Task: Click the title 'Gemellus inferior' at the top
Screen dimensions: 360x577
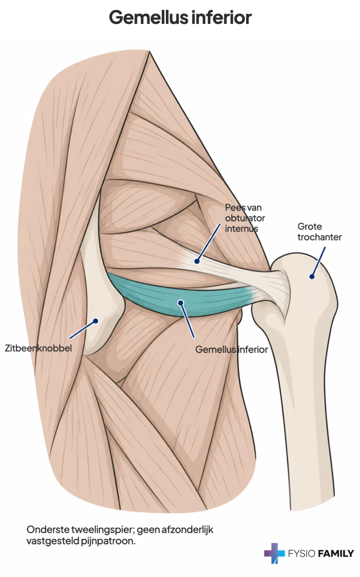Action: (180, 17)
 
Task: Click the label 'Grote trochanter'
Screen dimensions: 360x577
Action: (319, 232)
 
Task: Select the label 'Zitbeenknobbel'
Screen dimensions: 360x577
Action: (38, 348)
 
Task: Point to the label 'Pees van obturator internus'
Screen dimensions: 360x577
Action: (245, 218)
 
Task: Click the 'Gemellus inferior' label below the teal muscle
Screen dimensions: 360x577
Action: (232, 349)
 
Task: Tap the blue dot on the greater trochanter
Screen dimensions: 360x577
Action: (312, 277)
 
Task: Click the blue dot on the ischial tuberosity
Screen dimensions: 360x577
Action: (96, 321)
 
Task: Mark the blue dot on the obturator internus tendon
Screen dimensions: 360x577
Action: (197, 261)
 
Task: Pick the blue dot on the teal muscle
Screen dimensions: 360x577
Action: (181, 303)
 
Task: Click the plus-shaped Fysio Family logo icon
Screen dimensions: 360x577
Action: (274, 553)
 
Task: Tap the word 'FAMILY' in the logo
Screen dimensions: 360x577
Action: (336, 554)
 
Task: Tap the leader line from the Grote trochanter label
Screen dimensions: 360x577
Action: (319, 262)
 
